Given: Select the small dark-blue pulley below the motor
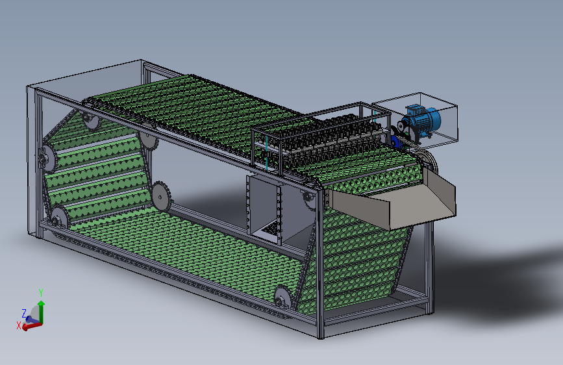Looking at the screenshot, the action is [396, 142].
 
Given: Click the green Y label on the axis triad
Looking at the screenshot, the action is [41, 293].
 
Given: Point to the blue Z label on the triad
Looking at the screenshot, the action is [24, 313].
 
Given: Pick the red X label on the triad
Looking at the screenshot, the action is [19, 325].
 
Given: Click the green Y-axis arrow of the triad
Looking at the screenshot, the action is [42, 312].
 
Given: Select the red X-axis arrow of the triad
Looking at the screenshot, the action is [32, 326].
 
